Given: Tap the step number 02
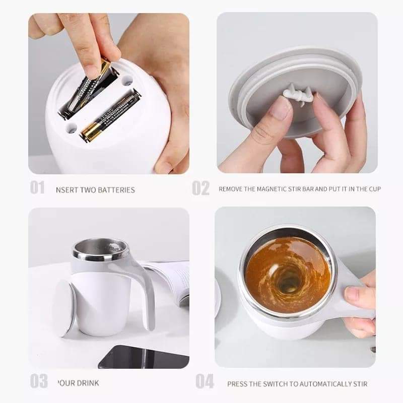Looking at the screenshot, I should tap(200, 188).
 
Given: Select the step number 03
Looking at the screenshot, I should tap(38, 381).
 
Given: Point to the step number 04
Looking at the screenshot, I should tap(204, 381).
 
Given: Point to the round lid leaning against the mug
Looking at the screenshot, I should tap(64, 307).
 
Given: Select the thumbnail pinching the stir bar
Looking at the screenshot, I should tap(280, 107).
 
